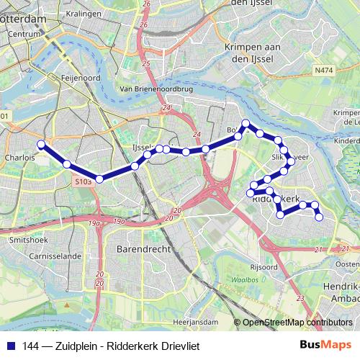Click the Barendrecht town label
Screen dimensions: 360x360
(143, 248)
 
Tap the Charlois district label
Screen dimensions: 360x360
(19, 156)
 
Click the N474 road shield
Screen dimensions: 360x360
(325, 71)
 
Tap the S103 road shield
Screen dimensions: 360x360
(84, 183)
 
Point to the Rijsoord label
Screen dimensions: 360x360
(264, 266)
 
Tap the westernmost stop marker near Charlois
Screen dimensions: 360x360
(42, 144)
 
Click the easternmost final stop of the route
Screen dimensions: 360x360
(320, 217)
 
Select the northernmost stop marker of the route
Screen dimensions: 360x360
(246, 123)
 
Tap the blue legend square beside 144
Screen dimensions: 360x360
(11, 346)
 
